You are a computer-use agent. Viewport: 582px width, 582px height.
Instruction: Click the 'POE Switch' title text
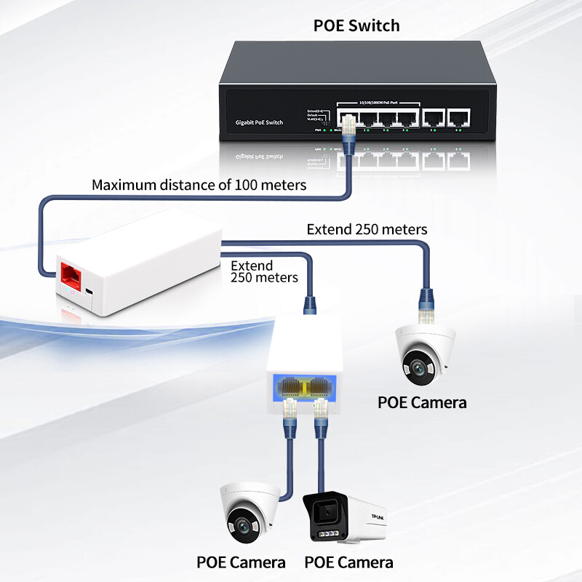coord(356,25)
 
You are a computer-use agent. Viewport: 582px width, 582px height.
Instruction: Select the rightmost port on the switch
coord(458,118)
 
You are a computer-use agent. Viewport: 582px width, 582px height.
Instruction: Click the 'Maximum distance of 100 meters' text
coord(199,185)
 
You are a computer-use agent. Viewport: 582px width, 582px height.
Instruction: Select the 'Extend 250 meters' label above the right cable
coord(367,229)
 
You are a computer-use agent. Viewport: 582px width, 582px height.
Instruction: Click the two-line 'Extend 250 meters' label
coord(264,271)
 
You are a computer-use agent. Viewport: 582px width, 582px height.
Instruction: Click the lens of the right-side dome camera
coord(417,368)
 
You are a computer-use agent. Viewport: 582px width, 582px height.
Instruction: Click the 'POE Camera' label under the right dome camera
coord(422,402)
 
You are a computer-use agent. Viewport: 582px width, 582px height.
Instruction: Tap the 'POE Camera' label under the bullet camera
coord(348,562)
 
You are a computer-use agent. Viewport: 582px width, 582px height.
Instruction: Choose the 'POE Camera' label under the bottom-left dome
coord(241,562)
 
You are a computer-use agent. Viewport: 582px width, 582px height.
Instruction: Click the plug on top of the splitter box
coord(309,304)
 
